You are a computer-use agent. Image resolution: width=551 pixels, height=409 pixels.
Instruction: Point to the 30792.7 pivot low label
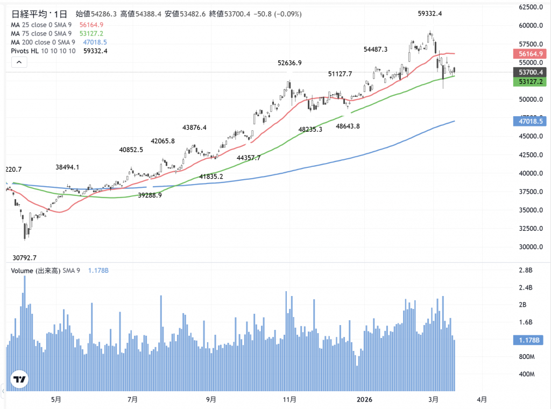pyautogui.click(x=25, y=258)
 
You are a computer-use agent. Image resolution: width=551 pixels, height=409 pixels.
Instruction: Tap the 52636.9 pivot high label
pyautogui.click(x=289, y=63)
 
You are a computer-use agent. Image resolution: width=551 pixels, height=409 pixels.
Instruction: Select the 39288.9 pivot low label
pyautogui.click(x=150, y=196)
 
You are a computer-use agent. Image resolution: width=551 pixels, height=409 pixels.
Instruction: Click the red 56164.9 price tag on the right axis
pyautogui.click(x=530, y=54)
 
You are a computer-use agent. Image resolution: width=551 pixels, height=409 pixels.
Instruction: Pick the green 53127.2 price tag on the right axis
pyautogui.click(x=530, y=81)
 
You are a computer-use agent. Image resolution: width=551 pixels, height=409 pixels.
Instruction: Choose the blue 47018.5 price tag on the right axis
pyautogui.click(x=530, y=122)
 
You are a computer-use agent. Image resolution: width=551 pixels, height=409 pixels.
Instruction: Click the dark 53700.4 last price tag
pyautogui.click(x=530, y=72)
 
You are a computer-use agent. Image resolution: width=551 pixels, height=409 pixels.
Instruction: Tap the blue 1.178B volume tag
pyautogui.click(x=530, y=340)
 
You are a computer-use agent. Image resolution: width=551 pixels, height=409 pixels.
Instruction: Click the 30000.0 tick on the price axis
pyautogui.click(x=529, y=248)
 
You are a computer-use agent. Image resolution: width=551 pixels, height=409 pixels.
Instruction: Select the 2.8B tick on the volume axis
pyautogui.click(x=525, y=270)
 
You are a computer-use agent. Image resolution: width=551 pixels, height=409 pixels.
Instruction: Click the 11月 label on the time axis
pyautogui.click(x=289, y=399)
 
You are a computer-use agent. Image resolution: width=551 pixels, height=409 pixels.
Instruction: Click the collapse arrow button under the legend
pyautogui.click(x=19, y=62)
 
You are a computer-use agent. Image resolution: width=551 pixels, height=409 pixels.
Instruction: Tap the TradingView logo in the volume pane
pyautogui.click(x=20, y=380)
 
